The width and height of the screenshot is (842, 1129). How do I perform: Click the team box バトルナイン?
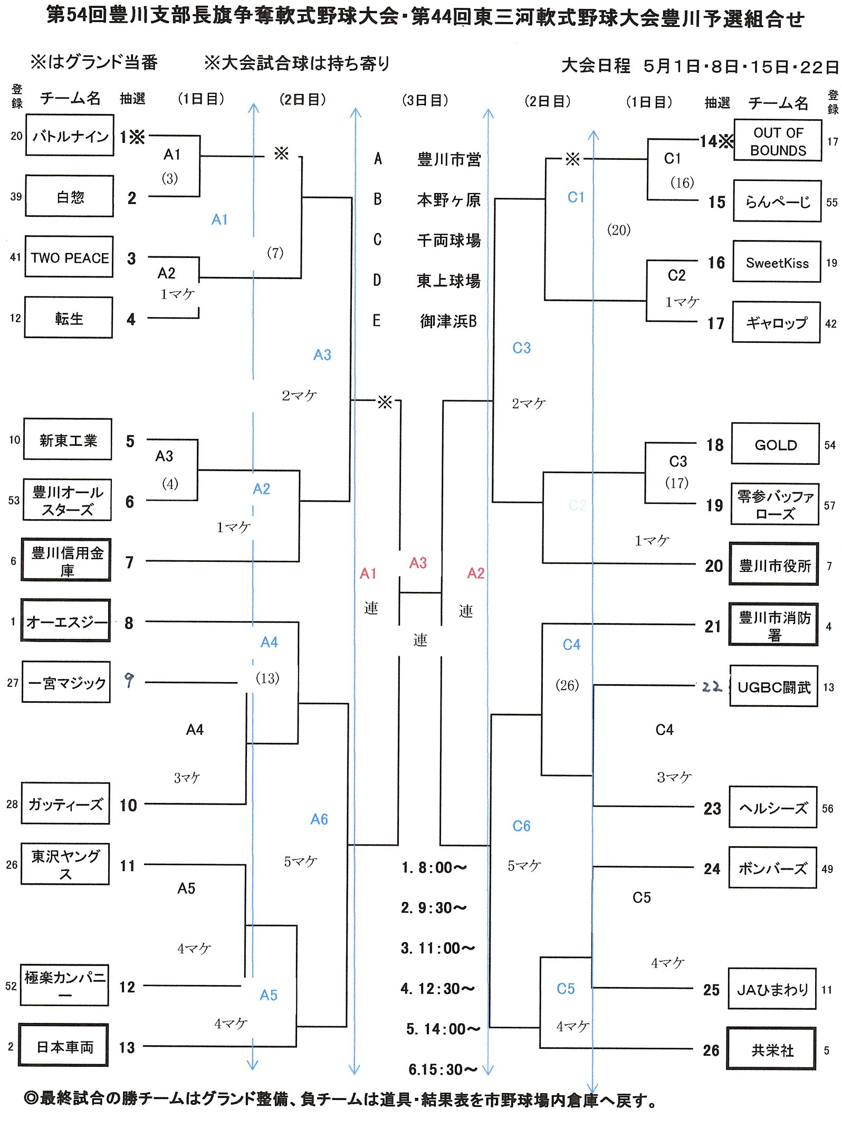pos(70,136)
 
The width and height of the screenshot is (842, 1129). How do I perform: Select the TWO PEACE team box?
pos(69,257)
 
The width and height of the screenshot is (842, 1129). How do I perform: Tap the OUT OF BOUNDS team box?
pos(778,141)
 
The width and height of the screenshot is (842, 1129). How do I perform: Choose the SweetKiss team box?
pos(777,263)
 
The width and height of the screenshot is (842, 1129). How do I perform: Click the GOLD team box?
pos(775,445)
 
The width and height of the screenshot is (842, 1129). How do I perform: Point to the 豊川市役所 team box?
pos(774,566)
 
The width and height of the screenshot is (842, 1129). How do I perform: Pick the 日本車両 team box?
pos(64,1047)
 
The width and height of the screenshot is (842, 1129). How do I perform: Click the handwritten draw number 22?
pos(712,687)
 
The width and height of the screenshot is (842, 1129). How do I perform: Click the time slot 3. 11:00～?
pos(437,948)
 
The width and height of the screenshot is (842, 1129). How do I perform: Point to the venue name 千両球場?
pos(448,241)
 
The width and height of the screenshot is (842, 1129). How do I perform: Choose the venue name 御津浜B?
pos(448,321)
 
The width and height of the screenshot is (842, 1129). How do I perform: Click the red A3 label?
pos(418,563)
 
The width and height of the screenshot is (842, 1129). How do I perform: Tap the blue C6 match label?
pos(521,826)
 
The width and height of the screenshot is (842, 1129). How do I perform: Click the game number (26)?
pos(567,685)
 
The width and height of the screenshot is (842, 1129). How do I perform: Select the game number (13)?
pos(267,678)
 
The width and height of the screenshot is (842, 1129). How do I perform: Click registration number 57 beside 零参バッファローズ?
pos(829,505)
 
